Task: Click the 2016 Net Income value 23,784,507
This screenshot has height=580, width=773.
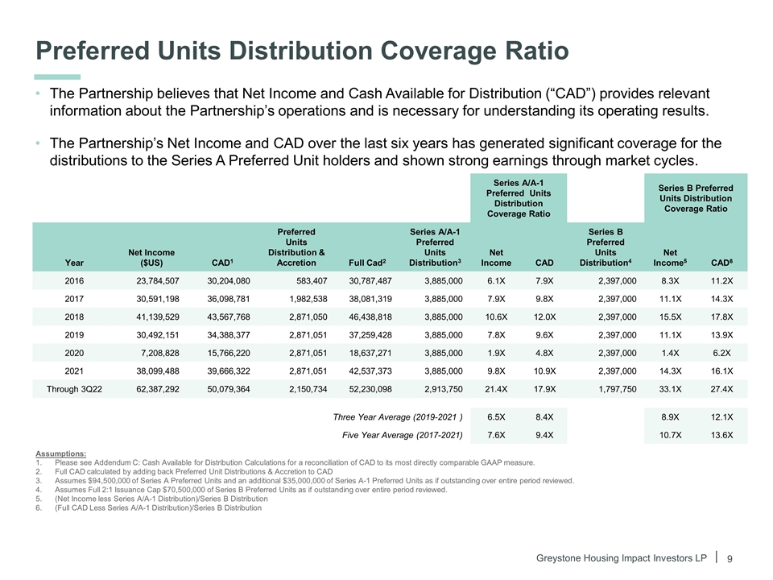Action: (x=153, y=281)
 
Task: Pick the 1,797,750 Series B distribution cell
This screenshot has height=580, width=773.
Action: (x=611, y=388)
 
